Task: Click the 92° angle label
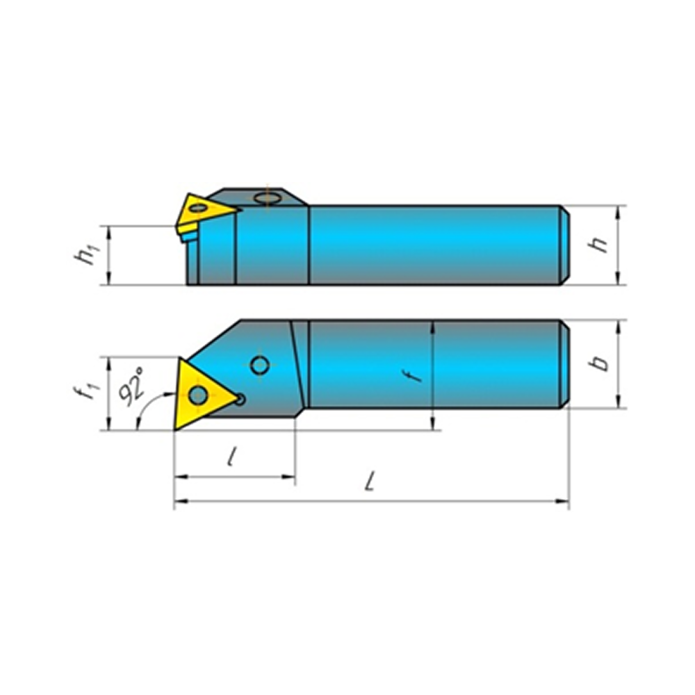(131, 386)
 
